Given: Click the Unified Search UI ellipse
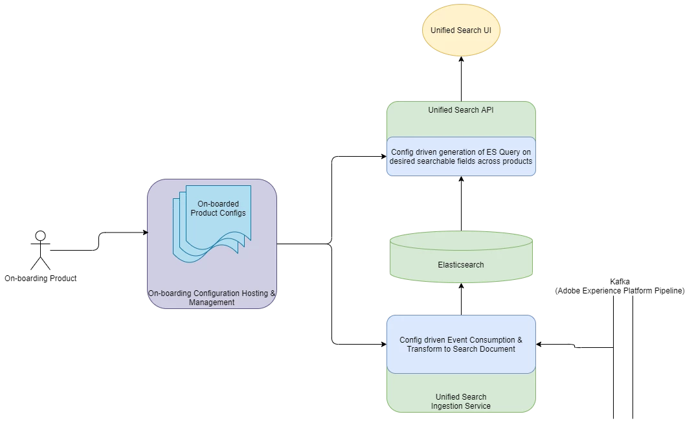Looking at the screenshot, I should (461, 30).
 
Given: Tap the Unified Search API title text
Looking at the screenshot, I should (461, 110).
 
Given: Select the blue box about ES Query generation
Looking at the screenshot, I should (461, 157).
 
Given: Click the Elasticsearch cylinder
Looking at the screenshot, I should (461, 257).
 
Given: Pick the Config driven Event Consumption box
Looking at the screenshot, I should (461, 345).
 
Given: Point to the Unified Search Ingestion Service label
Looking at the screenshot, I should (461, 402).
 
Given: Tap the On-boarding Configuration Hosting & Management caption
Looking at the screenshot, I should (212, 298).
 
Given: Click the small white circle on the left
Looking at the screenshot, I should (40, 236).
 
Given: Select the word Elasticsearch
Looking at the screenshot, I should (461, 265).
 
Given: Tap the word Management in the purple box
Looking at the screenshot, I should (212, 303).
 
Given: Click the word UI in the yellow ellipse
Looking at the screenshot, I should (487, 30).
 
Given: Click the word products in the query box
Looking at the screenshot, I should (517, 161).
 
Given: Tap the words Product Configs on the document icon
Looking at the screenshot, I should (218, 213).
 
